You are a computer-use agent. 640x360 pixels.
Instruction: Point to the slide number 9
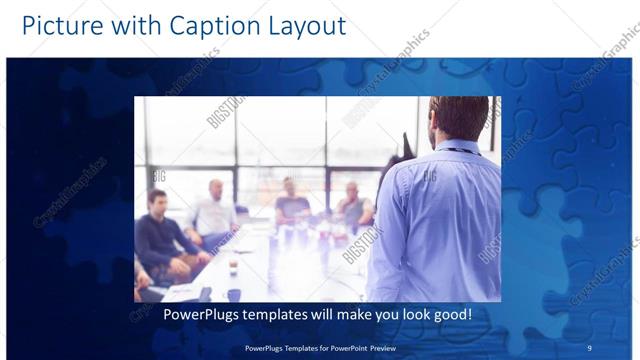[x=590, y=348]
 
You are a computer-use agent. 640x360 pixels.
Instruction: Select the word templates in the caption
[x=287, y=314]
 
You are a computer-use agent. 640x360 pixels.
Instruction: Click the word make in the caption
[x=363, y=314]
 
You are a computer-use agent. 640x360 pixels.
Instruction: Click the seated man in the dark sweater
[x=162, y=235]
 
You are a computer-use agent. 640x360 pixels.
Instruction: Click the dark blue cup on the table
[x=234, y=294]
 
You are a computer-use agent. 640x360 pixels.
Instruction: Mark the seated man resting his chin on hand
[x=352, y=205]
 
